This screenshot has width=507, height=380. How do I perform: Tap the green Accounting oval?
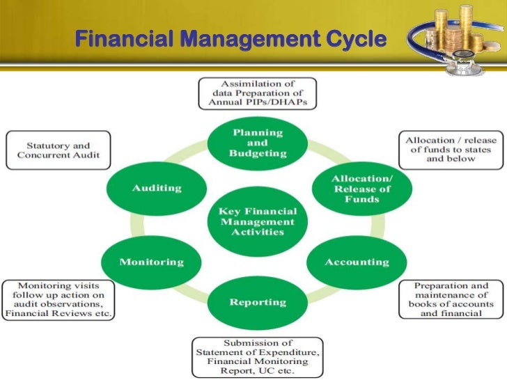(x=357, y=262)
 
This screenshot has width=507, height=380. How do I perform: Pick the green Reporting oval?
(x=258, y=302)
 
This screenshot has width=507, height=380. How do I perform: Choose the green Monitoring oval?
(x=151, y=262)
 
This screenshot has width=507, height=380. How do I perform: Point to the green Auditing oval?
(x=157, y=188)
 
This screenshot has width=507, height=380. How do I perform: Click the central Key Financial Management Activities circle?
(x=257, y=221)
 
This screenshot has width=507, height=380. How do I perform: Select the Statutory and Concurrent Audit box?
(x=58, y=150)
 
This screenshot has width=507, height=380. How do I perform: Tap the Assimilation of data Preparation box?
(x=257, y=93)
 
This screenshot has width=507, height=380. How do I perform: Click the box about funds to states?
(x=449, y=150)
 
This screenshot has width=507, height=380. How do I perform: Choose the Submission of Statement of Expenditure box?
(x=257, y=356)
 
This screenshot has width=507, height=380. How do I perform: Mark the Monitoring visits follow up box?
(x=58, y=299)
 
